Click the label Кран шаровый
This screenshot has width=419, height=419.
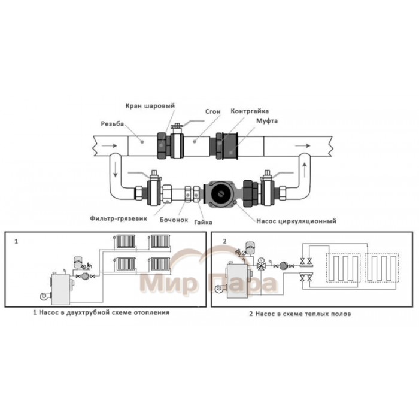150,106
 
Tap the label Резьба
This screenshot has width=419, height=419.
113,124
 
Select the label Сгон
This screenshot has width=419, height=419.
212,111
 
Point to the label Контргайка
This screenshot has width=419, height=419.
250,111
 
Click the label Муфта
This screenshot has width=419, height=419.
267,120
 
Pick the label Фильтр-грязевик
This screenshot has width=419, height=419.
119,218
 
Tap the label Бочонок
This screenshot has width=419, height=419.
174,220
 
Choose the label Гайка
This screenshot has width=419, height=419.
203,222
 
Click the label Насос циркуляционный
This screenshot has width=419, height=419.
296,221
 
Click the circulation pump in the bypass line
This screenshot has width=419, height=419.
220,193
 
